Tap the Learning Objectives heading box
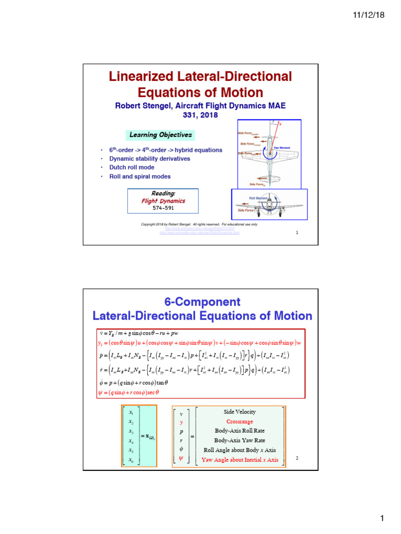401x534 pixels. point(160,135)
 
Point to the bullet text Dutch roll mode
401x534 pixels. point(132,167)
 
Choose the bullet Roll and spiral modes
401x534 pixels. point(139,176)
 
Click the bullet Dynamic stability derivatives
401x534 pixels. point(149,159)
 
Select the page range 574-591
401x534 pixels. point(163,208)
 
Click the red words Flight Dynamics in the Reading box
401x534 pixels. point(163,201)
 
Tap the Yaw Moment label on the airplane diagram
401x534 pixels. point(281,148)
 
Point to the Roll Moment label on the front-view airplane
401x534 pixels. point(258,198)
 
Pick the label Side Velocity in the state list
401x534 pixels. point(240,411)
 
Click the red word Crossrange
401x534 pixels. point(240,421)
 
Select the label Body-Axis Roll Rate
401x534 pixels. point(240,431)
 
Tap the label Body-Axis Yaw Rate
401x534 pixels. point(240,440)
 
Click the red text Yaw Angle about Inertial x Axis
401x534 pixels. point(240,459)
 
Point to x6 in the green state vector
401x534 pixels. point(131,459)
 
